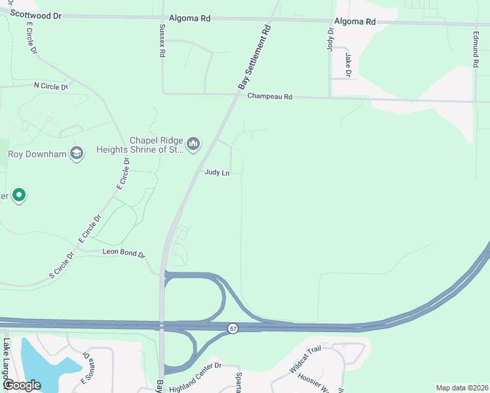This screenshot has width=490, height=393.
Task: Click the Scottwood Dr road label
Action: click(x=37, y=14)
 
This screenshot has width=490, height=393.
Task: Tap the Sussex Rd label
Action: click(x=162, y=41)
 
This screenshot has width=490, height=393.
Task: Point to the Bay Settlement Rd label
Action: click(x=254, y=58)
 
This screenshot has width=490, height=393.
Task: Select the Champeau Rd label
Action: click(x=269, y=96)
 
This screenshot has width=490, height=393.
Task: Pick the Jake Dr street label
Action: click(x=348, y=64)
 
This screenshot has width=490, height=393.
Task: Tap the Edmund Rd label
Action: click(x=475, y=50)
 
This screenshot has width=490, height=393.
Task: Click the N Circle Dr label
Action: click(x=50, y=86)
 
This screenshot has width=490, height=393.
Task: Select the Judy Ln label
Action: click(x=217, y=173)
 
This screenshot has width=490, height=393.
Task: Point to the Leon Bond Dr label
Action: click(x=123, y=252)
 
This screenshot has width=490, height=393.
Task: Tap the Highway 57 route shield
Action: click(x=233, y=327)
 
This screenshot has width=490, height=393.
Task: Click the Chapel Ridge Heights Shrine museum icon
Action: click(x=193, y=143)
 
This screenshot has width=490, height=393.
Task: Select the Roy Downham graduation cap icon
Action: click(x=77, y=153)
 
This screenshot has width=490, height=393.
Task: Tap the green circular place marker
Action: click(x=20, y=195)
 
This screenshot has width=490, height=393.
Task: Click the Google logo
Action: click(x=22, y=385)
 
